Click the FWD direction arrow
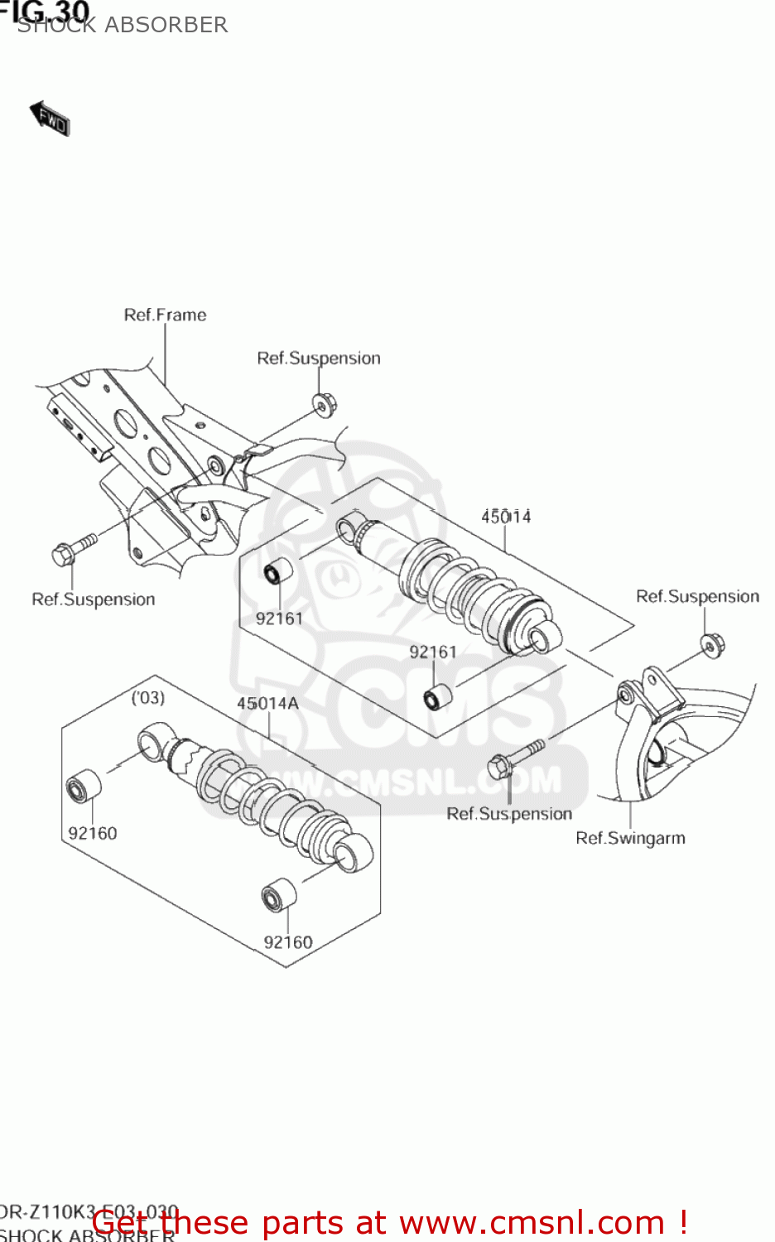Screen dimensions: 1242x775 click(50, 118)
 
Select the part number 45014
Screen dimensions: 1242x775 click(506, 517)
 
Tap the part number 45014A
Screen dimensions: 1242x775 click(267, 704)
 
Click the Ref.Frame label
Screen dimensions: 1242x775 click(165, 315)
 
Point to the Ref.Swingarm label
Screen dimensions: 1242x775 click(630, 838)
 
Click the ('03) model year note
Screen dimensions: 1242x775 click(148, 698)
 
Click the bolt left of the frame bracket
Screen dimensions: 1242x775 click(72, 549)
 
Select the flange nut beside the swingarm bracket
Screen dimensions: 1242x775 click(711, 644)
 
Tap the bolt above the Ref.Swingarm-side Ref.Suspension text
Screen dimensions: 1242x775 click(513, 758)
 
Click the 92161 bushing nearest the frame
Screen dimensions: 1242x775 click(277, 572)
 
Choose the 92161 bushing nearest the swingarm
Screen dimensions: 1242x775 click(436, 697)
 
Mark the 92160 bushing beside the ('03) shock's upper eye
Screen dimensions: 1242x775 click(83, 786)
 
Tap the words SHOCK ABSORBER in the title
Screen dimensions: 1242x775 click(123, 26)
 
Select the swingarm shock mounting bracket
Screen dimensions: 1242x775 click(650, 696)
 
